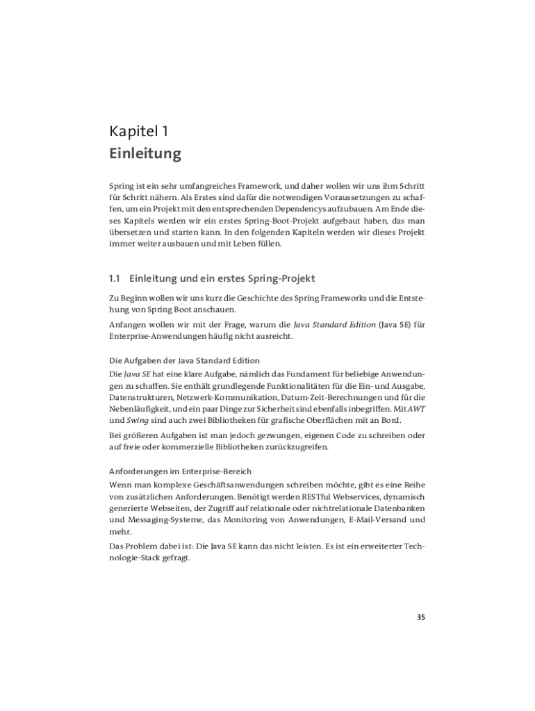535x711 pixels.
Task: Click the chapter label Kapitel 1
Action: [x=138, y=131]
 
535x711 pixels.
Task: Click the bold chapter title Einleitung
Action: [x=145, y=153]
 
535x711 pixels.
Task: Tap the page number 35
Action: [x=420, y=617]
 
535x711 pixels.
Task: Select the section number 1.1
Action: [x=115, y=278]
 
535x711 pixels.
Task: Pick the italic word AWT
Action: [x=416, y=409]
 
